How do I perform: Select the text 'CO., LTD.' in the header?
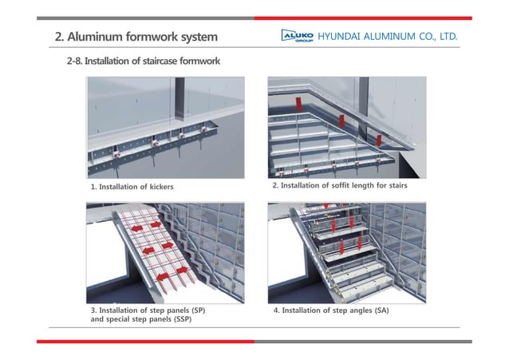pyautogui.click(x=436, y=37)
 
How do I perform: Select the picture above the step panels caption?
pyautogui.click(x=164, y=252)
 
